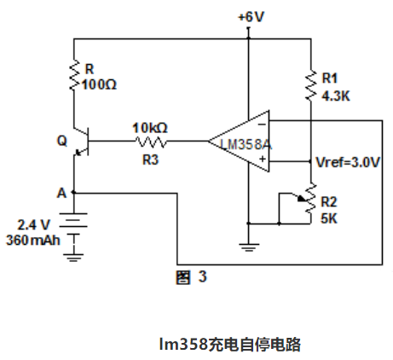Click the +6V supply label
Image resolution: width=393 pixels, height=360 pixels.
[x=251, y=17]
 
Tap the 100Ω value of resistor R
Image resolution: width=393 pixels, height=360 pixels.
[x=99, y=84]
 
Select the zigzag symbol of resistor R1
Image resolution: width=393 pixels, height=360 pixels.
[x=311, y=85]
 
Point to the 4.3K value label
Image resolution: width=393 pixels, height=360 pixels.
[x=336, y=96]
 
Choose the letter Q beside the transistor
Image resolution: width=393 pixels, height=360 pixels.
[x=62, y=141]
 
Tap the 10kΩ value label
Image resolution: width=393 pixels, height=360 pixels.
[x=150, y=128]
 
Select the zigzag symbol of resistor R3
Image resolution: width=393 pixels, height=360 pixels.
[x=151, y=142]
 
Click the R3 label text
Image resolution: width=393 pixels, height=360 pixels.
[x=150, y=160]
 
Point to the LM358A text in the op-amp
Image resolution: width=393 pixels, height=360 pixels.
[x=246, y=144]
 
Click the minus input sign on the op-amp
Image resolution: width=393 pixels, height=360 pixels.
[x=262, y=125]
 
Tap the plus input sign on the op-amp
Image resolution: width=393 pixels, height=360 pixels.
[x=263, y=159]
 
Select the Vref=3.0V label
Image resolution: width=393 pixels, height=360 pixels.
[x=348, y=162]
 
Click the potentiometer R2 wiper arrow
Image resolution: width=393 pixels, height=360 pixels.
[x=302, y=199]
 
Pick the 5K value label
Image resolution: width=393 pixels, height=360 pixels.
[x=329, y=218]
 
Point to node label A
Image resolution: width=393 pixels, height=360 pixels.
[x=61, y=193]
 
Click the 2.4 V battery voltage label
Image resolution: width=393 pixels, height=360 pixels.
[x=33, y=225]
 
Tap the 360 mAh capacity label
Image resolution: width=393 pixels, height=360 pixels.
[x=33, y=241]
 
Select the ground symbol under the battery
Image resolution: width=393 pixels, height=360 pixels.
[x=73, y=258]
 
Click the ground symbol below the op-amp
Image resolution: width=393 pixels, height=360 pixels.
[x=249, y=247]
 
